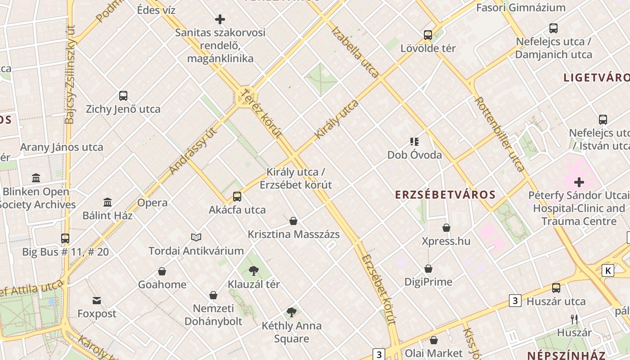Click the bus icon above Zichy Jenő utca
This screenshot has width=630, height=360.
tap(123, 95)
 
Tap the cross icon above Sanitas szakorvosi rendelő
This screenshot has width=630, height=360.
tap(220, 19)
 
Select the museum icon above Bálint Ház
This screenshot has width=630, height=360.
tap(108, 202)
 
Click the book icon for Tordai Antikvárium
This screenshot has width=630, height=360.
tap(196, 237)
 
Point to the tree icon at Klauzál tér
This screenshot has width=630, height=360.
tap(254, 270)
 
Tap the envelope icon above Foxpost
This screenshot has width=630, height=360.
tap(97, 300)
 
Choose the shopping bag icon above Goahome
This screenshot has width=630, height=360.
tap(162, 271)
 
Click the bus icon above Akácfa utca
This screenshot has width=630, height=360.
tap(237, 196)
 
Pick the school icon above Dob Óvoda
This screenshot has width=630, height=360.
tap(414, 142)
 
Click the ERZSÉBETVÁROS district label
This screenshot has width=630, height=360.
tap(445, 195)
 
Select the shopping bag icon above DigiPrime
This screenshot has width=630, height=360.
tap(428, 269)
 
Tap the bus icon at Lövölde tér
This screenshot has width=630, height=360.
tap(428, 35)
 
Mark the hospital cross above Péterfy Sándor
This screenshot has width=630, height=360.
tap(579, 182)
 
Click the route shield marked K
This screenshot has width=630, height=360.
tap(608, 270)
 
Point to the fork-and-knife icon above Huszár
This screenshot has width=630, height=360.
tap(574, 319)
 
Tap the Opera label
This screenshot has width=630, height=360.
tap(153, 202)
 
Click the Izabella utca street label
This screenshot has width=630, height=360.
tap(355, 52)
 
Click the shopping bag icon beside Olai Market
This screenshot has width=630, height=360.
tap(434, 340)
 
